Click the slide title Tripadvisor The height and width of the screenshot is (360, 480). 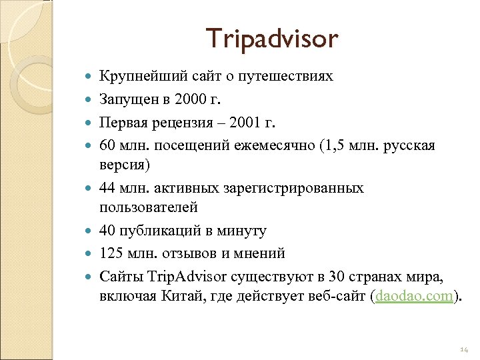click(x=271, y=39)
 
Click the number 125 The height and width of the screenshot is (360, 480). click(x=111, y=253)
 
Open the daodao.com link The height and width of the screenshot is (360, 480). click(x=413, y=295)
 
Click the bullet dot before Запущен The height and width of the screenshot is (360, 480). click(x=89, y=100)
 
